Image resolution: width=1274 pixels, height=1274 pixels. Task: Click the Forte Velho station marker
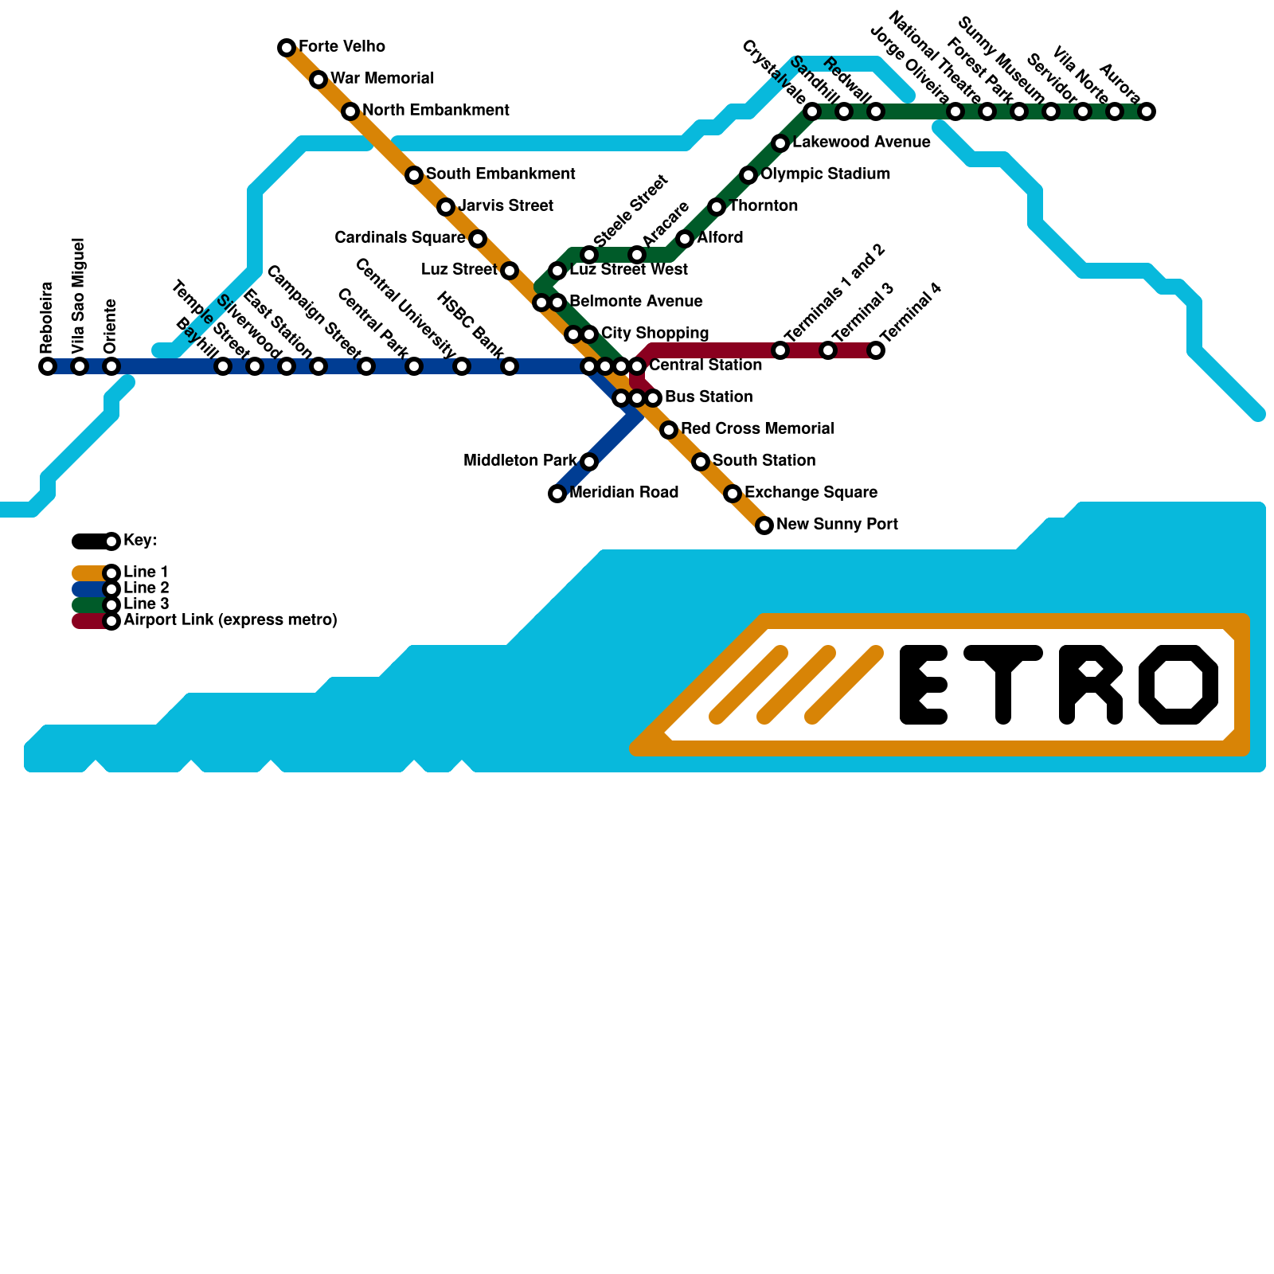tap(287, 48)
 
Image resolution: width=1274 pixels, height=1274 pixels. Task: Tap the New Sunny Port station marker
tap(764, 526)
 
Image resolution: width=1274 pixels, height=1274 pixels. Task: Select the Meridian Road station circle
tap(557, 494)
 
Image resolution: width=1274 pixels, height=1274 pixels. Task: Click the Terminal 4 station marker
tap(876, 350)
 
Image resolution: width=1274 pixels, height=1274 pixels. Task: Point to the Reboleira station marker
tap(48, 366)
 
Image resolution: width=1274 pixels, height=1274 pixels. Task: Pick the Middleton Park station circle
tap(589, 462)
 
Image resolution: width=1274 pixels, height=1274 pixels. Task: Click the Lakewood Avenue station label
tap(862, 143)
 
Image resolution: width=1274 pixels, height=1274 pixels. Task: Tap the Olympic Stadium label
tap(825, 174)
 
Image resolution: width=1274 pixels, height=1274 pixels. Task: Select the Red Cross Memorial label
tap(757, 429)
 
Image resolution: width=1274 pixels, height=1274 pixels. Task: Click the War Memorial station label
tap(382, 79)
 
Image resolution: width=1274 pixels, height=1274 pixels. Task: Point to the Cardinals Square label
tap(400, 238)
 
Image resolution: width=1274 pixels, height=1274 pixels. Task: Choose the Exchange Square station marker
tap(733, 494)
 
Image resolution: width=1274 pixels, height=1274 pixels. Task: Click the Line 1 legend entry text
tap(146, 573)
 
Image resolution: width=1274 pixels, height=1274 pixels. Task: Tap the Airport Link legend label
tap(230, 620)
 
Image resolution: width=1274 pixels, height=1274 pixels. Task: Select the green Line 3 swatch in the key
tap(89, 605)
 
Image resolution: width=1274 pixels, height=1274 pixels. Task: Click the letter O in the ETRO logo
tap(1178, 685)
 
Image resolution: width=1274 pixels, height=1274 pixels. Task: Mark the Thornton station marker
tap(717, 207)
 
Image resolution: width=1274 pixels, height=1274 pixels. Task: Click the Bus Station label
tap(709, 397)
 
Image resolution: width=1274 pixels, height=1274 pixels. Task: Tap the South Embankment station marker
tap(414, 175)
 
